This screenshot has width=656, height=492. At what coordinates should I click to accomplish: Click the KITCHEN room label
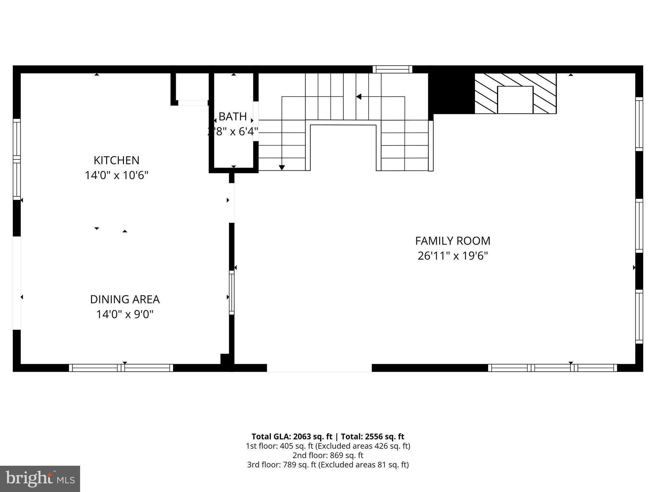click(116, 160)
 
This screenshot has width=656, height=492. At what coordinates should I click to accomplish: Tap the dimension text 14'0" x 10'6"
click(116, 175)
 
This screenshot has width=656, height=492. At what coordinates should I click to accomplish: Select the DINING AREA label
click(125, 299)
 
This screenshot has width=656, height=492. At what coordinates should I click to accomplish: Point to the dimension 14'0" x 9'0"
click(125, 314)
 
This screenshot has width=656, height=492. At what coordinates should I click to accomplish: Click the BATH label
click(233, 117)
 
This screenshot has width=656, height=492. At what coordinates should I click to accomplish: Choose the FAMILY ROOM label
click(453, 241)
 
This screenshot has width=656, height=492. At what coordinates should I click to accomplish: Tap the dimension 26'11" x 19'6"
click(453, 256)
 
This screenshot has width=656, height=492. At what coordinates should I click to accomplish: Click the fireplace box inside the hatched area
click(515, 100)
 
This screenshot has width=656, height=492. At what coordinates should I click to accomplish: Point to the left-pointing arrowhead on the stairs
click(359, 96)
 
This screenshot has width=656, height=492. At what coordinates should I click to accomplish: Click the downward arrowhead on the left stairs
click(282, 168)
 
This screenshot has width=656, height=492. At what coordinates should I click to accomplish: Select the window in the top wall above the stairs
click(392, 69)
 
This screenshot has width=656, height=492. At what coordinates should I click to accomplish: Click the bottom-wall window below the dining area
click(121, 368)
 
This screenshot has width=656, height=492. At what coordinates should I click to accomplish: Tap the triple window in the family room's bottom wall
click(552, 368)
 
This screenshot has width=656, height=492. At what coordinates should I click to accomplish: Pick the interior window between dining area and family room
click(232, 292)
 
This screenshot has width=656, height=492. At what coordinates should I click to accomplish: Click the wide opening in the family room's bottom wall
click(319, 368)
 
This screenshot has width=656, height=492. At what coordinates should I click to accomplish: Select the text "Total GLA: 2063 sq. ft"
click(292, 437)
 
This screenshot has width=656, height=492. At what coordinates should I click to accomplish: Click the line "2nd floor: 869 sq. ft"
click(328, 455)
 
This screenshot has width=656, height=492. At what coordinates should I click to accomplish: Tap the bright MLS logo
click(40, 479)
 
